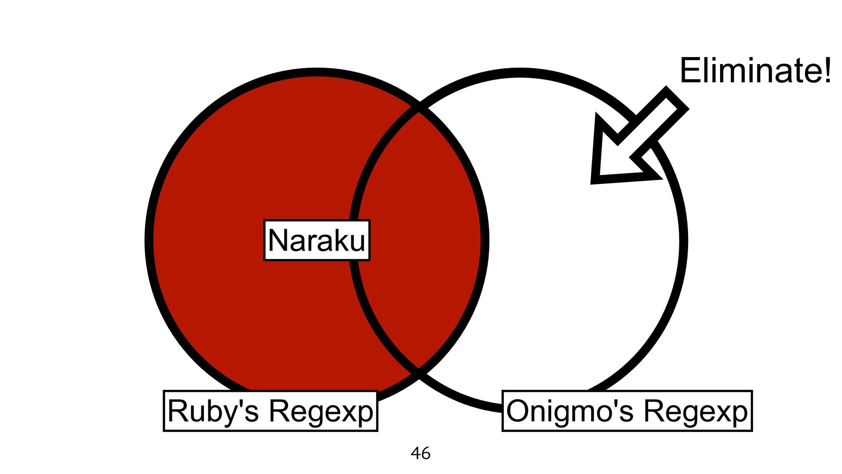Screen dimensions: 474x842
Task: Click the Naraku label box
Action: tap(317, 240)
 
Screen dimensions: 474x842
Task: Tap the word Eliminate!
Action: tap(755, 70)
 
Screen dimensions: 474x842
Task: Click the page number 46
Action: tap(421, 453)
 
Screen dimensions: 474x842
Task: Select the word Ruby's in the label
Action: tap(213, 411)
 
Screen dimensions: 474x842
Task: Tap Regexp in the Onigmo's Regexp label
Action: tap(696, 411)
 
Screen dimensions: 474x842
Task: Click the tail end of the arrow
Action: tap(677, 98)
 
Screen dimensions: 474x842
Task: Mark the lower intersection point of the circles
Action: tap(419, 373)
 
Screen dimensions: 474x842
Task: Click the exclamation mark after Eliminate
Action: tap(827, 70)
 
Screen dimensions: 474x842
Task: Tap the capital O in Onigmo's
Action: tap(518, 411)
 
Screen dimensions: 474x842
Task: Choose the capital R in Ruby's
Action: tap(177, 411)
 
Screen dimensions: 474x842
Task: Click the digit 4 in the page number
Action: tap(416, 453)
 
